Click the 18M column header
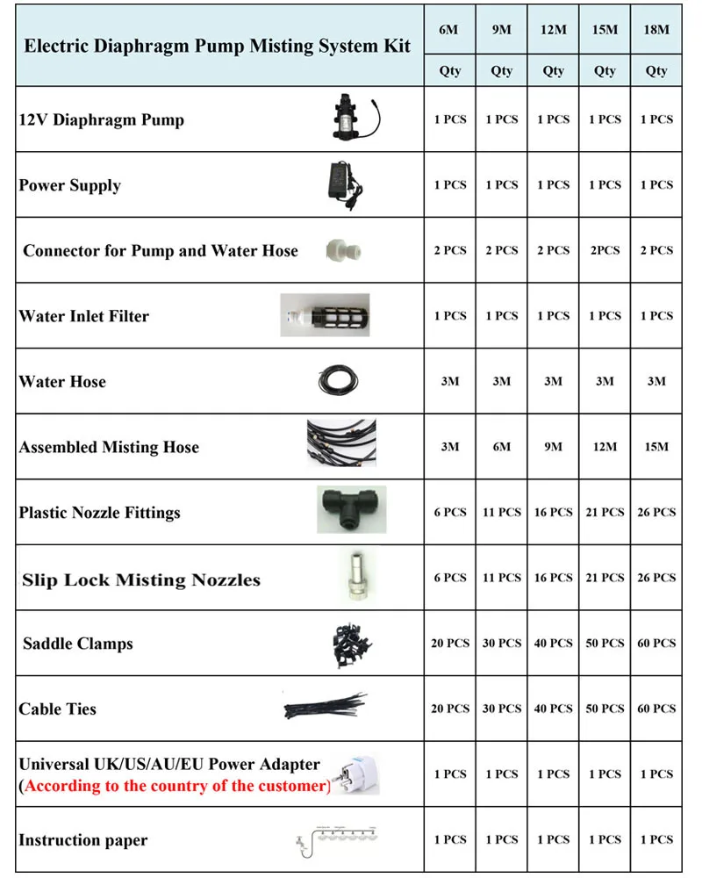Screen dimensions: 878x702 coord(656,30)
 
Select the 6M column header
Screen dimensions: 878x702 coord(450,30)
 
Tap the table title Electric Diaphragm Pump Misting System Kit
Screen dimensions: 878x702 coord(218,46)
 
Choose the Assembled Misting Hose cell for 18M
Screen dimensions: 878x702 coord(656,447)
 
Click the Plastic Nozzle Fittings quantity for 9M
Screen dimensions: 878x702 coord(502,513)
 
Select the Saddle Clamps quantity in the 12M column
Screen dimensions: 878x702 coord(553,644)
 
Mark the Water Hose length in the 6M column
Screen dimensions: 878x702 coord(450,382)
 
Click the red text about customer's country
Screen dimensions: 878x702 coord(175,786)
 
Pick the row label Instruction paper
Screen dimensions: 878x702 coord(83,840)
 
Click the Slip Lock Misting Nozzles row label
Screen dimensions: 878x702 coord(141,579)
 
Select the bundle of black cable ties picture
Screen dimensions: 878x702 coord(325,706)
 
